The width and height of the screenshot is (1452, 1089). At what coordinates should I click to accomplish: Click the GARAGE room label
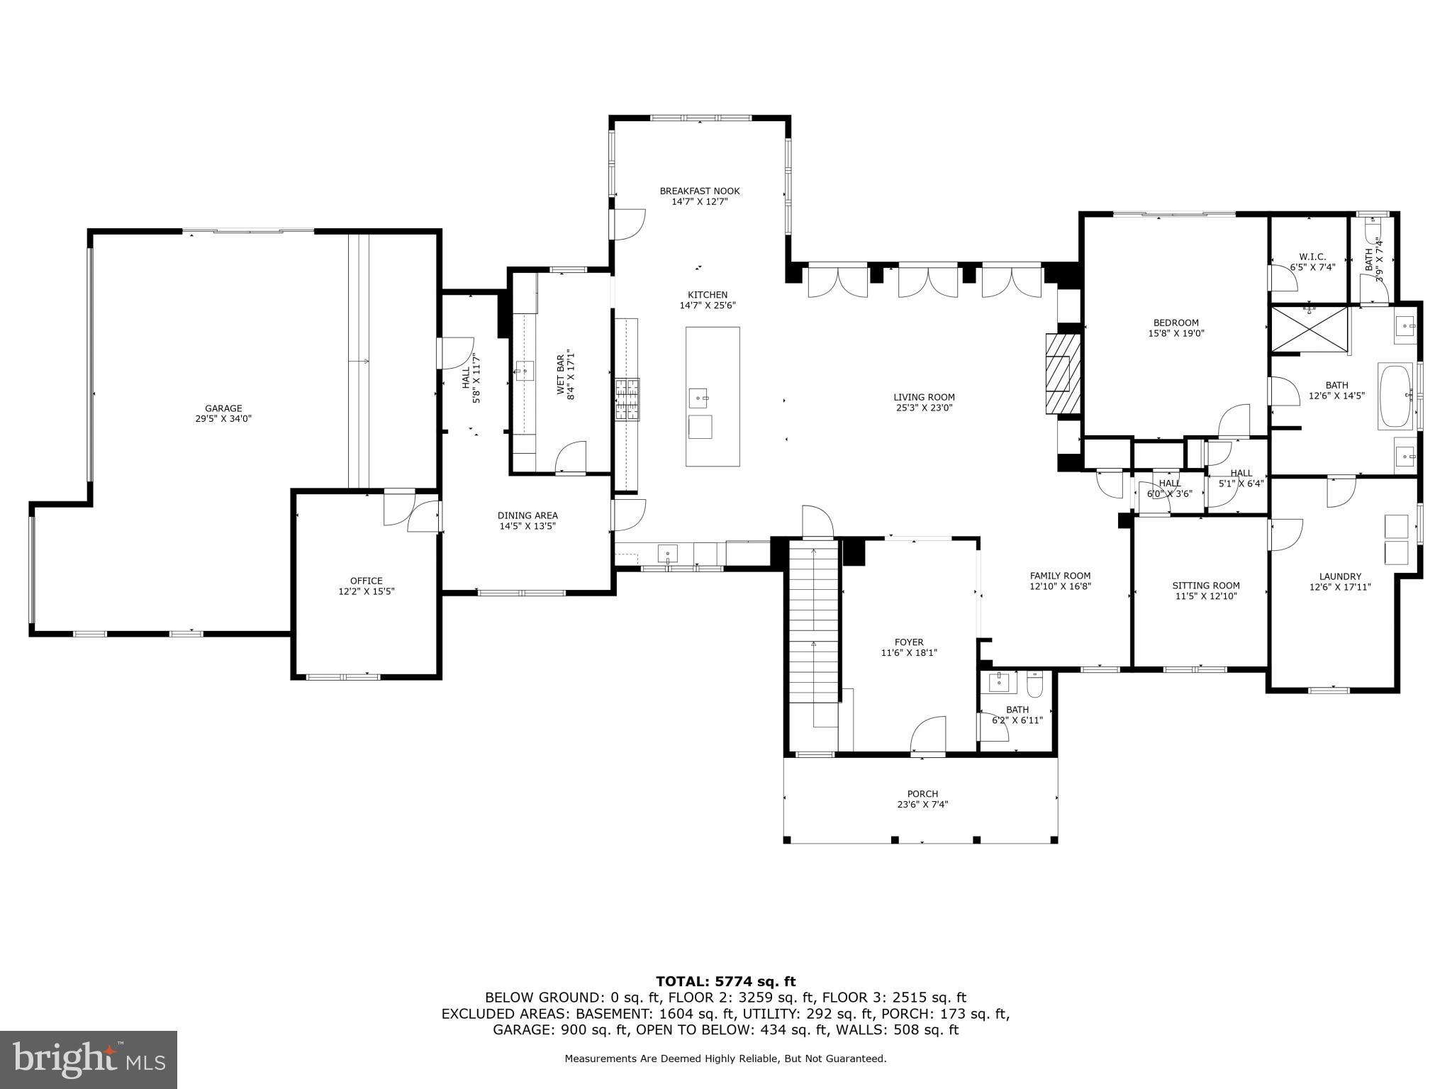pyautogui.click(x=223, y=408)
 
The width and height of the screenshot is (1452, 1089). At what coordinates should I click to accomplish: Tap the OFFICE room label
pyautogui.click(x=366, y=581)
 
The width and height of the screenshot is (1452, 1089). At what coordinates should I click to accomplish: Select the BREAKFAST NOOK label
pyautogui.click(x=699, y=191)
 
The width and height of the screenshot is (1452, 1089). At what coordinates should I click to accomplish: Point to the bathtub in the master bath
pyautogui.click(x=1395, y=396)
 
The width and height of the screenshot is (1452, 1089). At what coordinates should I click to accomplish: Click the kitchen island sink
pyautogui.click(x=698, y=398)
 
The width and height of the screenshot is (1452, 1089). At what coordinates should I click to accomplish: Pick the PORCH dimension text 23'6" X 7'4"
pyautogui.click(x=922, y=805)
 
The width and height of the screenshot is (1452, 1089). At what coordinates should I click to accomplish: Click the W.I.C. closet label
pyautogui.click(x=1312, y=257)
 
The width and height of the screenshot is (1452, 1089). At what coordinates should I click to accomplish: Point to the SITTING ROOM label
pyautogui.click(x=1205, y=586)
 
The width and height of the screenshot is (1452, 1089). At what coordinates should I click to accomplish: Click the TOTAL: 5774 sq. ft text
pyautogui.click(x=725, y=982)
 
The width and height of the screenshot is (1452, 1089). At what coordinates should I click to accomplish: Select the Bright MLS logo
pyautogui.click(x=89, y=1059)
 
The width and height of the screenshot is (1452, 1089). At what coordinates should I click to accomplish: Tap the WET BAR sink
pyautogui.click(x=525, y=370)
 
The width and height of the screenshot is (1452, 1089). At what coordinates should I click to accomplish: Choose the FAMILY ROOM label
pyautogui.click(x=1060, y=576)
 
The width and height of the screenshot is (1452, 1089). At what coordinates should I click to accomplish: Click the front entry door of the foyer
pyautogui.click(x=928, y=737)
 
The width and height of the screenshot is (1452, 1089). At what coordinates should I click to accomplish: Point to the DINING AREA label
pyautogui.click(x=527, y=515)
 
